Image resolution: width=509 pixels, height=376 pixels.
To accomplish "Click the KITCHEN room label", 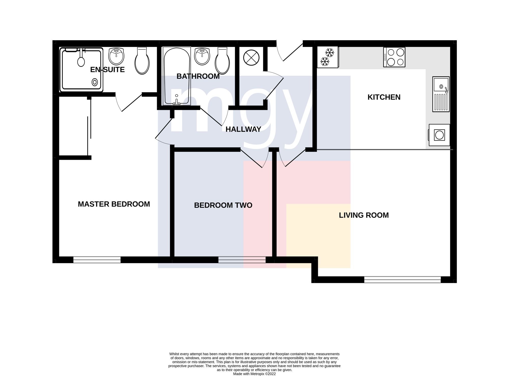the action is [384, 97].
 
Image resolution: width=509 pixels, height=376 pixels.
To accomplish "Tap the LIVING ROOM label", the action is [364, 215].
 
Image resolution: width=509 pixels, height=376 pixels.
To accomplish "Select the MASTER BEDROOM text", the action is [114, 204].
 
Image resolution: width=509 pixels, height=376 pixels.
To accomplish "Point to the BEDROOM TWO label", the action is [223, 205].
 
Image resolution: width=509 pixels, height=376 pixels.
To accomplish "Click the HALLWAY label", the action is [243, 129].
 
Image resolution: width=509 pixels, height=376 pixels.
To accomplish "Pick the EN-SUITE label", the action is [107, 70].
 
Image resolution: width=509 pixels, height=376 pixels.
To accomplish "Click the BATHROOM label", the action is [198, 76].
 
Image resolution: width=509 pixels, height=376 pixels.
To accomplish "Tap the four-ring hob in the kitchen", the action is [394, 57].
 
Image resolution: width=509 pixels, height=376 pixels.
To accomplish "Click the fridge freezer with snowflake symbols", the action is [328, 57].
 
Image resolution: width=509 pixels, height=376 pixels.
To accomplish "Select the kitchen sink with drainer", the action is [441, 94].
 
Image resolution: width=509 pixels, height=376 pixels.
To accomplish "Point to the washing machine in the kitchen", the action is [439, 135].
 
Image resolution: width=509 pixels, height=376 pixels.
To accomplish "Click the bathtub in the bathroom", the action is [177, 76].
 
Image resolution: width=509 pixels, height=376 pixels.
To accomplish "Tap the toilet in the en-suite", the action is [142, 61].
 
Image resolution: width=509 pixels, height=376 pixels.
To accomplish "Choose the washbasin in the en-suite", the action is [116, 56].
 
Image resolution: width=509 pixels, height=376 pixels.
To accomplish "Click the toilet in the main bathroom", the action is [222, 61].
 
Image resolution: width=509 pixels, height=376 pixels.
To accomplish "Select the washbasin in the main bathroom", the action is [202, 56].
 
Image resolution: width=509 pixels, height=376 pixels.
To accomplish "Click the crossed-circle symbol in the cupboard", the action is [251, 58].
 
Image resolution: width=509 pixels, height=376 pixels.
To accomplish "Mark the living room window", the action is [402, 279].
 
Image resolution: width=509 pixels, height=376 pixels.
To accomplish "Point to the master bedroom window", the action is [97, 260].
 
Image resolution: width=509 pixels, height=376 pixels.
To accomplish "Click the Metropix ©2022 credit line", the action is [254, 374].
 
